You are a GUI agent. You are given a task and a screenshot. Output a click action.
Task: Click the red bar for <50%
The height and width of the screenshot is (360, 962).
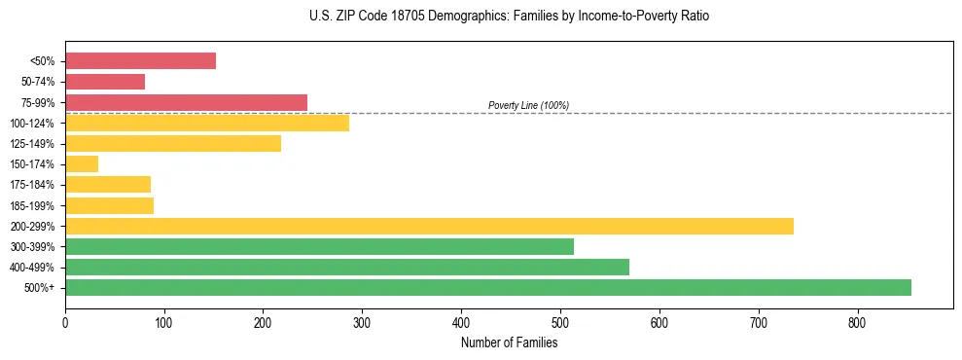(x=140, y=61)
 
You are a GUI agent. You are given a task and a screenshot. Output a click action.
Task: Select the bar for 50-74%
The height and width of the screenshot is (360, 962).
(x=105, y=82)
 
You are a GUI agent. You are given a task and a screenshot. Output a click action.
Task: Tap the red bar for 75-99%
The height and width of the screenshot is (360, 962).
(x=186, y=102)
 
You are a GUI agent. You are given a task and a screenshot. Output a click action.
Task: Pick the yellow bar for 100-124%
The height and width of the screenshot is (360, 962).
(x=206, y=123)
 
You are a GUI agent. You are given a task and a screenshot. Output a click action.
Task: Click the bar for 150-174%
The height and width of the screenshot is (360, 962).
(x=82, y=164)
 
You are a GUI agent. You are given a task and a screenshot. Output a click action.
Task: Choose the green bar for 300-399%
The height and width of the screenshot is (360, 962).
(x=319, y=246)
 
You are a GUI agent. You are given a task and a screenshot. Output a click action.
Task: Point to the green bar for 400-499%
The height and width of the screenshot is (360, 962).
(x=347, y=267)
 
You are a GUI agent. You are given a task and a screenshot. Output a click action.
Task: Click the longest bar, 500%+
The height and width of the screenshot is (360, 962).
(x=487, y=287)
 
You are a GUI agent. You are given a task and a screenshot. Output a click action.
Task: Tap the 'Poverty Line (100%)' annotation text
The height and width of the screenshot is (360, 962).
(x=528, y=105)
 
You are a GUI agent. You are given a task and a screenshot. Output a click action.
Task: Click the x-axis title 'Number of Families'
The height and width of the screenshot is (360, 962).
(x=509, y=342)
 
